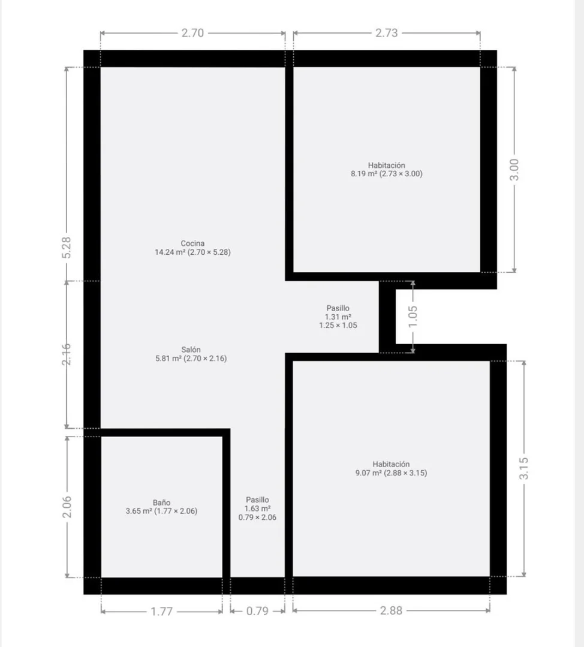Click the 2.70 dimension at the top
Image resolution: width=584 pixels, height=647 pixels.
click(192, 33)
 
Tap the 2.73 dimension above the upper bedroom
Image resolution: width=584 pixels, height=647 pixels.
click(387, 33)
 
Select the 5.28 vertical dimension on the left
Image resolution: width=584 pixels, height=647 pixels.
click(67, 248)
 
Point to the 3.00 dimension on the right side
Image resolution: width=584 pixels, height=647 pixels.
click(514, 170)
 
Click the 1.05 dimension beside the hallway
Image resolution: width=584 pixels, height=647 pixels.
click(413, 317)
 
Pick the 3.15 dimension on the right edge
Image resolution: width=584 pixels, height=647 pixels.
click(524, 468)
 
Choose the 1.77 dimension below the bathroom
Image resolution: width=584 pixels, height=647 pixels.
click(161, 612)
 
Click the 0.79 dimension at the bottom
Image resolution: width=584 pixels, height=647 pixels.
click(258, 611)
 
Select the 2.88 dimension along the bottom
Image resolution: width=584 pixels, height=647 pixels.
click(392, 610)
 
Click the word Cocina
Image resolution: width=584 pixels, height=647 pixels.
click(192, 243)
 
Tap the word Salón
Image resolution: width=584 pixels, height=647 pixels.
click(191, 350)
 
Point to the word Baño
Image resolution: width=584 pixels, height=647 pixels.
click(161, 502)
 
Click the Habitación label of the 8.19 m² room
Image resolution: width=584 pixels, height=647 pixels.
click(387, 165)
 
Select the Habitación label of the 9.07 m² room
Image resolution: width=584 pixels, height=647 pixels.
click(392, 464)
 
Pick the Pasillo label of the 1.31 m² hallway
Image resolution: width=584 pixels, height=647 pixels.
click(338, 308)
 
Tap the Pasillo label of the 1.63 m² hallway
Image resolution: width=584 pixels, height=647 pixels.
click(258, 500)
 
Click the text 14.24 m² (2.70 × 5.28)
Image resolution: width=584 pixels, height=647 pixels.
click(192, 252)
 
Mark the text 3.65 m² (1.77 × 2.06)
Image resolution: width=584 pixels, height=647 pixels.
click(161, 511)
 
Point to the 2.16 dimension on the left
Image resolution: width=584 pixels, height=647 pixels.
click(67, 354)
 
